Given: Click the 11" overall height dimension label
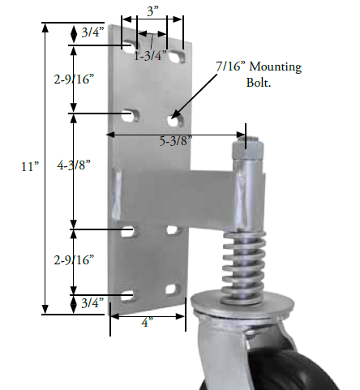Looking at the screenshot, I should click(x=30, y=166).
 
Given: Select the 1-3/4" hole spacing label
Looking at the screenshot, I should click(x=151, y=56).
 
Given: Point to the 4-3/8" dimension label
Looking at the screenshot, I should click(x=75, y=165).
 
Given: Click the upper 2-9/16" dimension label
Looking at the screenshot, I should click(x=74, y=79).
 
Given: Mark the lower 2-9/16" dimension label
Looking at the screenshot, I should click(x=75, y=260).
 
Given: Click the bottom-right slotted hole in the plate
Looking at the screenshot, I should click(x=171, y=289).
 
